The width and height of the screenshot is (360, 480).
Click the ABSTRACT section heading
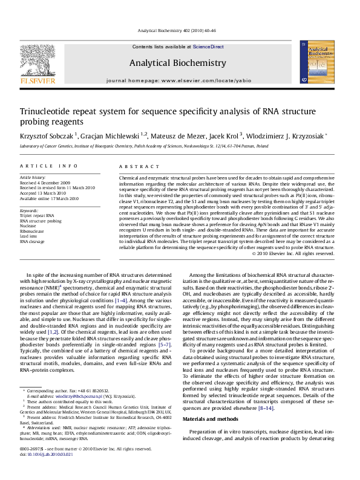(x=133, y=165)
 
